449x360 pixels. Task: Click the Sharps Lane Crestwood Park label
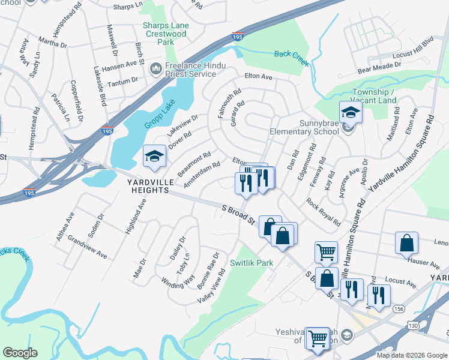coord(165,34)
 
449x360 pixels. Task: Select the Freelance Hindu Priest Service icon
coord(156,70)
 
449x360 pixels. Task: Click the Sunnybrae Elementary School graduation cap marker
coord(350,113)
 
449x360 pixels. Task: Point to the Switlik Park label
coord(252,263)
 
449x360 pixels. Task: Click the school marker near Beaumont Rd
coord(154,157)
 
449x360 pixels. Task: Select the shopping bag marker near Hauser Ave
coord(406,243)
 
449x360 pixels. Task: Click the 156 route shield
coord(398,308)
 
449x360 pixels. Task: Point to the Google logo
coord(20,353)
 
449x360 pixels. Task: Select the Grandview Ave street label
coord(87,247)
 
